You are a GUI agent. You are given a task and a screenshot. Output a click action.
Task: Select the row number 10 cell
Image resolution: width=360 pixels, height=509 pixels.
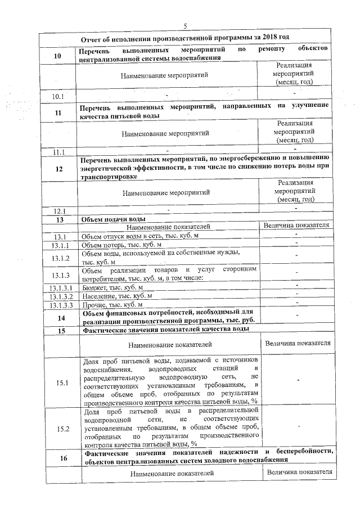[x=58, y=56]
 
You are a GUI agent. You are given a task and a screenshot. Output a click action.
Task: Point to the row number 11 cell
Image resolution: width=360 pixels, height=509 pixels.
[x=58, y=112]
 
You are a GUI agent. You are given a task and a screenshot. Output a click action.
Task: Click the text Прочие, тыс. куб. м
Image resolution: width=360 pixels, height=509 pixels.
[x=113, y=304]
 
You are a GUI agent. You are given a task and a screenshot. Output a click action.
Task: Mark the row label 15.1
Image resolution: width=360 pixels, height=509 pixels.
[x=60, y=383]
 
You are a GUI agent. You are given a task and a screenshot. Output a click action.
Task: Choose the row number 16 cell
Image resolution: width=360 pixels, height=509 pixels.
[x=60, y=458]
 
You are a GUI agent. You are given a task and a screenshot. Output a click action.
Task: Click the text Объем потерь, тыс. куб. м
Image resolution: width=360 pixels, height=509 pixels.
[x=121, y=246]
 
